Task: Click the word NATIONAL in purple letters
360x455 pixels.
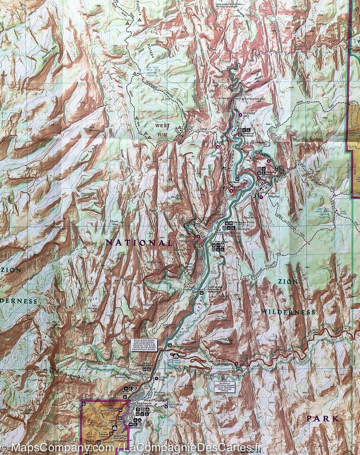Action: coord(138,243)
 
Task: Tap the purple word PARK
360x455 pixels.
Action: coord(322,419)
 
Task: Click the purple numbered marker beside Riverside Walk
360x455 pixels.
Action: coord(240,115)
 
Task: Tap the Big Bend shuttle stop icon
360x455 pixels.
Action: coord(237,179)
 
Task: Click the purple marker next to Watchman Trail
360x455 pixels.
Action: coord(166,406)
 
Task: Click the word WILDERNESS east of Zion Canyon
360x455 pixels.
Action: coord(288,312)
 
